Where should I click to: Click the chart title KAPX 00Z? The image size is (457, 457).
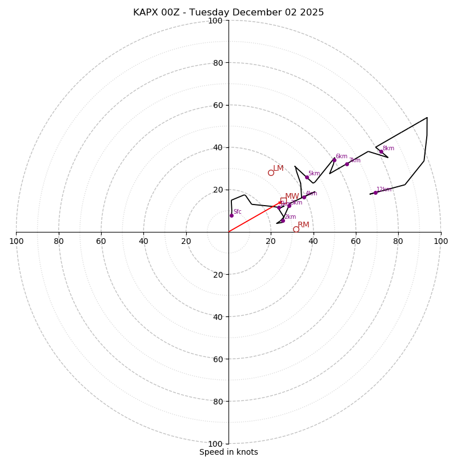click(x=228, y=13)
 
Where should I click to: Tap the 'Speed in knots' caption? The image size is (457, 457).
click(x=228, y=452)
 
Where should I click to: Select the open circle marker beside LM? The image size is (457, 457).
click(x=271, y=173)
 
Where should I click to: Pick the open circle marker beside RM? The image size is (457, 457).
click(x=296, y=229)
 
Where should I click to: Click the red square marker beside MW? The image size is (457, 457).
click(x=283, y=201)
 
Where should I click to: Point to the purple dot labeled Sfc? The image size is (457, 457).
click(x=231, y=215)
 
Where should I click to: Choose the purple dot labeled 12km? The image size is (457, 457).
click(x=375, y=193)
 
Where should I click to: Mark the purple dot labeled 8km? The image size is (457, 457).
click(x=382, y=152)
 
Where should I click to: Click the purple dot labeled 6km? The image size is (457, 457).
click(x=334, y=160)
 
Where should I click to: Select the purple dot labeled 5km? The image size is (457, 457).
click(x=307, y=177)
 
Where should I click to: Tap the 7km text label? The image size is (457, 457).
click(x=355, y=161)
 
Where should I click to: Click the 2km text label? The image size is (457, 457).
click(x=290, y=217)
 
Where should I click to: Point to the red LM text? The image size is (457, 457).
click(x=278, y=168)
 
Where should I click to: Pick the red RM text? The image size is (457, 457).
click(x=303, y=225)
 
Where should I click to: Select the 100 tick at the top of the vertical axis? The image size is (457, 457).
click(x=215, y=21)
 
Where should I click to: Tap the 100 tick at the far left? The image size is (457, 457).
click(x=16, y=241)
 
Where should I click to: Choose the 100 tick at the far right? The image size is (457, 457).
click(x=440, y=241)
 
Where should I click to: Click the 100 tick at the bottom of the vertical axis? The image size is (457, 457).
click(x=215, y=444)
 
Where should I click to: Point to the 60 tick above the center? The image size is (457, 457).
click(x=218, y=105)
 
